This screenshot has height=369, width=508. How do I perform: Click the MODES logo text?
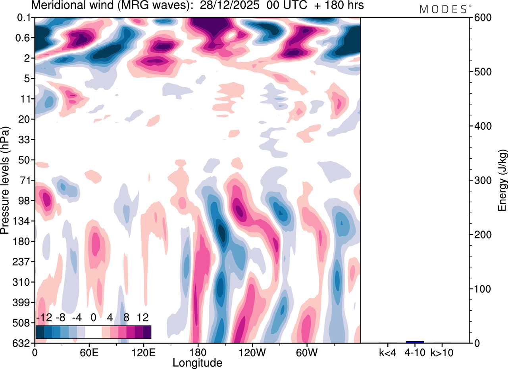[443, 9]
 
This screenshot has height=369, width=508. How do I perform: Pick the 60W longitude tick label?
[306, 352]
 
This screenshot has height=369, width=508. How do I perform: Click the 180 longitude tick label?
[197, 352]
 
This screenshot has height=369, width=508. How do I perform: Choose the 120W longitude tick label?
[252, 352]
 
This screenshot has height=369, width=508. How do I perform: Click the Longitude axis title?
[197, 362]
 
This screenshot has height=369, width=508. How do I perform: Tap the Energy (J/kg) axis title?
[502, 180]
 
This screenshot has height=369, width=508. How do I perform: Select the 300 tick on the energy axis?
[480, 181]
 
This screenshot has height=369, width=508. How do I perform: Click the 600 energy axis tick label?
[480, 18]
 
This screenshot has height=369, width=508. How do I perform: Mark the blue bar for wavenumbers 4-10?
[415, 342]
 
